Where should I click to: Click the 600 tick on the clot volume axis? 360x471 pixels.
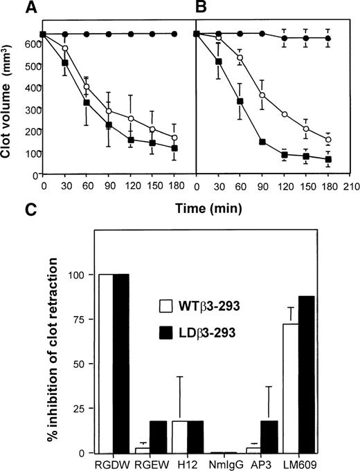(x=31, y=46)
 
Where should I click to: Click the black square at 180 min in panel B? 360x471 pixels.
(x=327, y=159)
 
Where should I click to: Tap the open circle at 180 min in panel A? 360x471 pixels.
(x=174, y=138)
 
